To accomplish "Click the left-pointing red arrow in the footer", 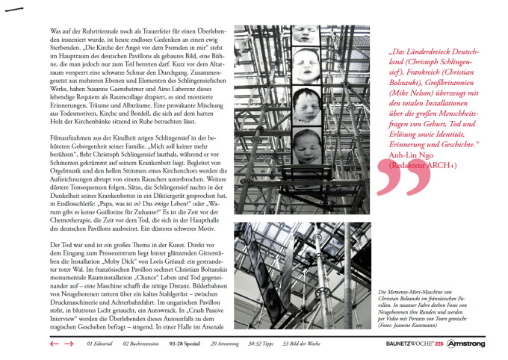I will coord(54,344).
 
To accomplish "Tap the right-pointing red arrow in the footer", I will coord(68,344).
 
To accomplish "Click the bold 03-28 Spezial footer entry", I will coord(185,344).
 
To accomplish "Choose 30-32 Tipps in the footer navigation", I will coord(258,344).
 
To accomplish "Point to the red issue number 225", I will coord(439,344).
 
